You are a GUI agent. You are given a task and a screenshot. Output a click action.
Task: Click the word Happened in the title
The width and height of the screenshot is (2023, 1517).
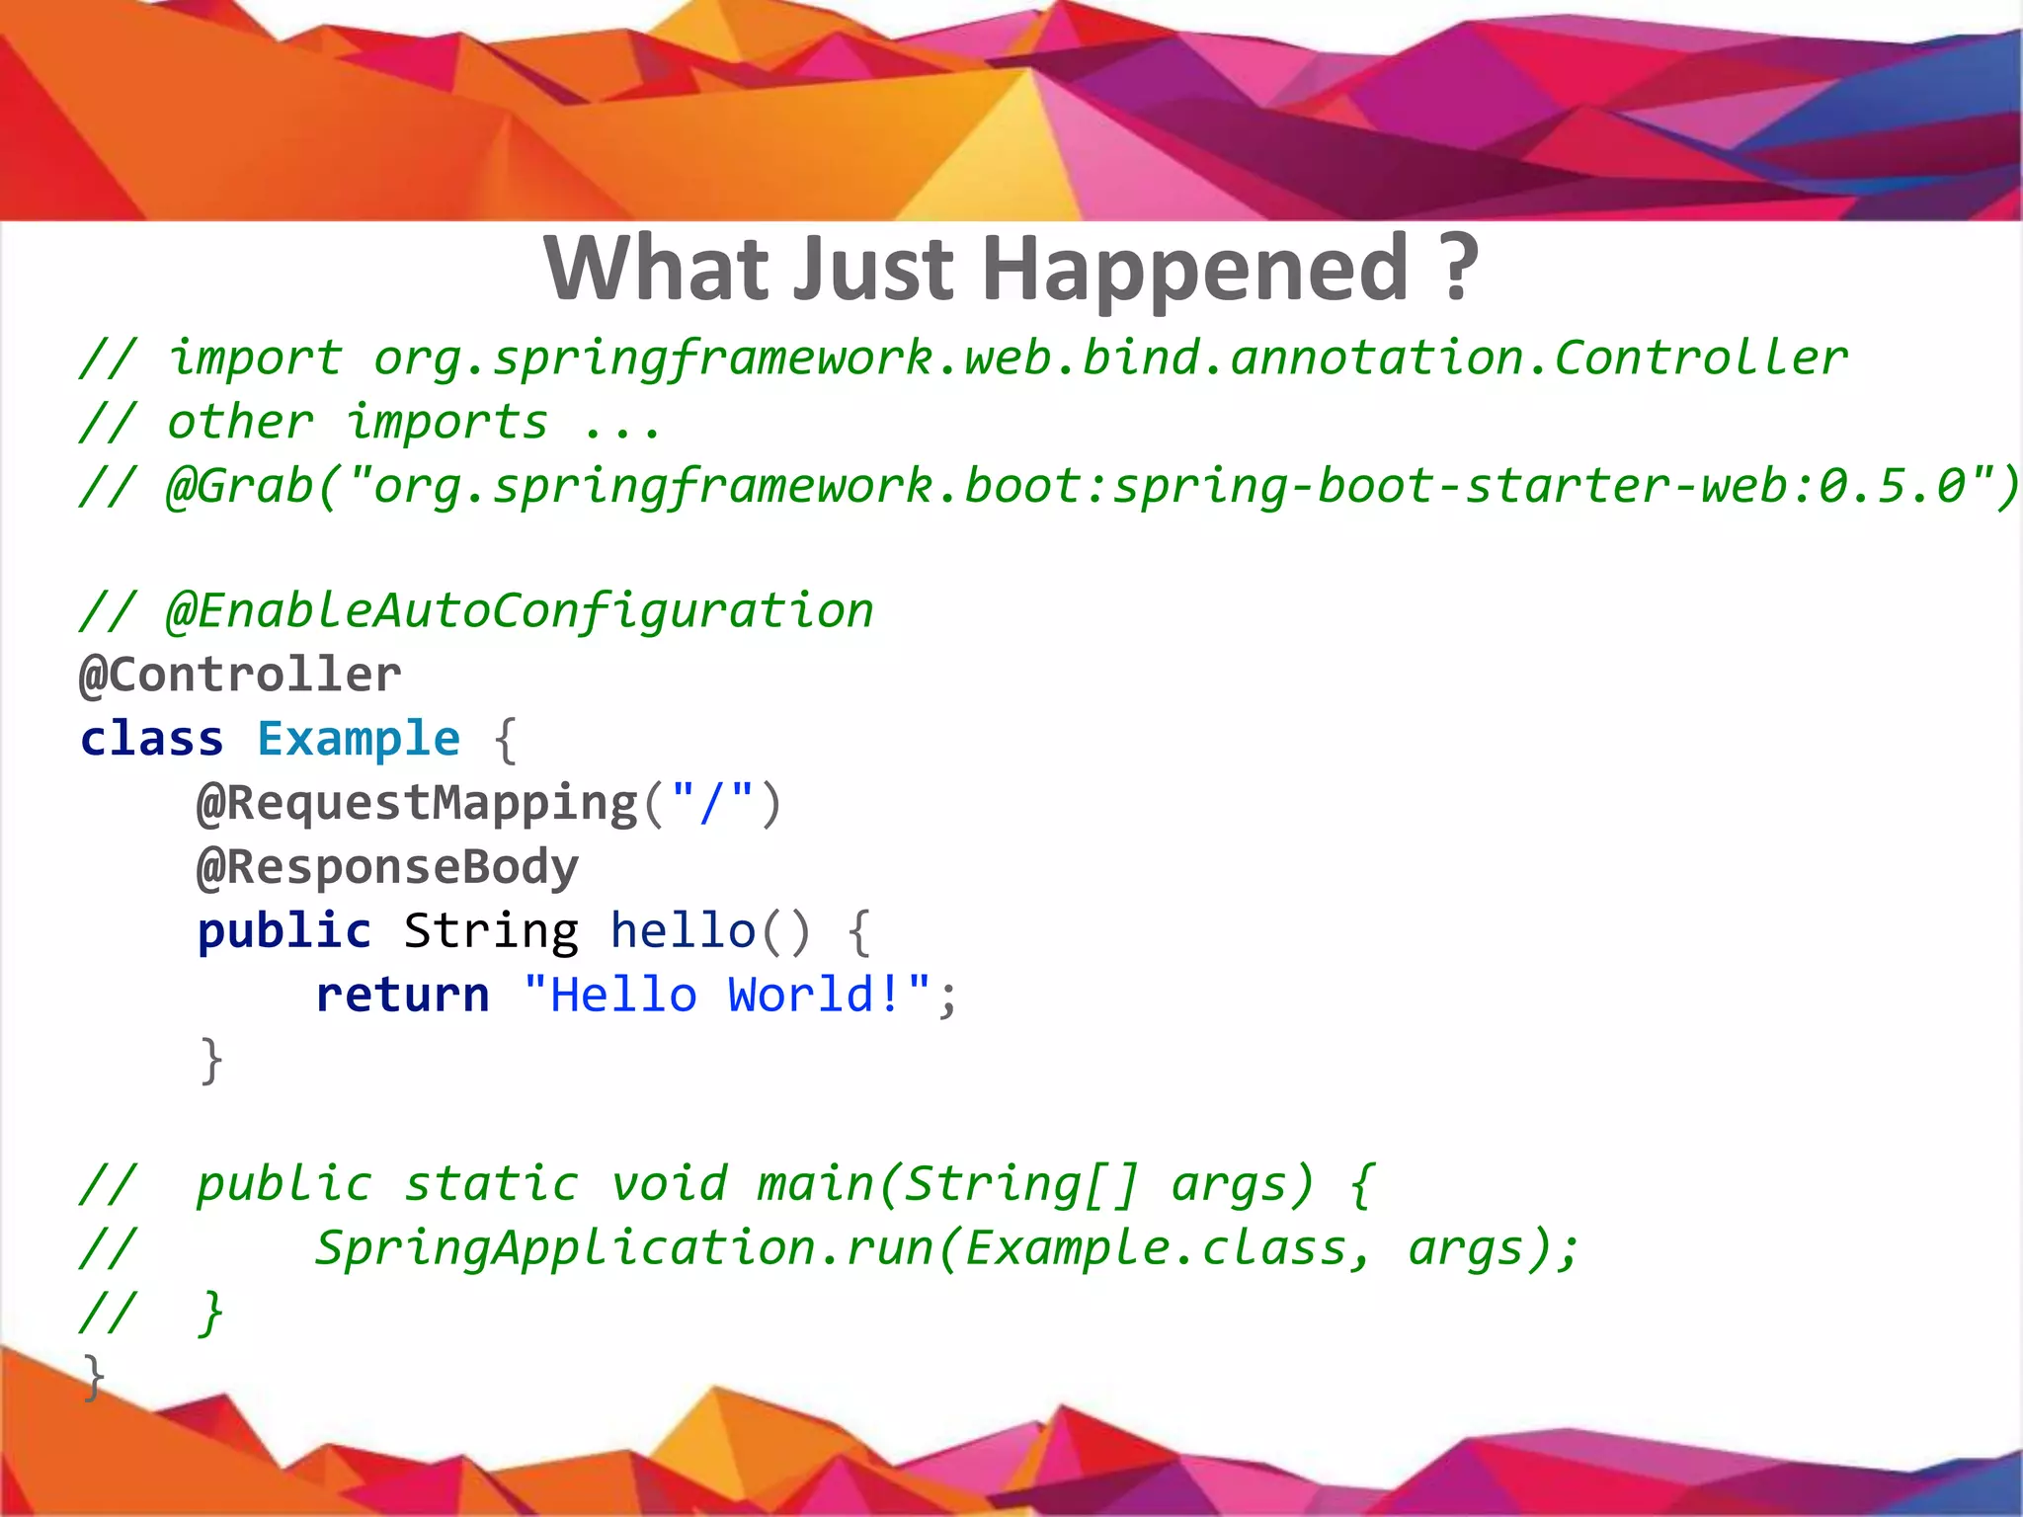click(x=1195, y=269)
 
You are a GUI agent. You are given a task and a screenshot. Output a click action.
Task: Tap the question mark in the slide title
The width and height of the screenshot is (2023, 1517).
click(x=1458, y=269)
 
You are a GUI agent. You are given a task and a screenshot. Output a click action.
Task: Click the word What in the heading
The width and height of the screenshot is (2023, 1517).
click(x=656, y=269)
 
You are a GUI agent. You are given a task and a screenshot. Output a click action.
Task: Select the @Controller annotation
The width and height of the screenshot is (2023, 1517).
click(x=240, y=676)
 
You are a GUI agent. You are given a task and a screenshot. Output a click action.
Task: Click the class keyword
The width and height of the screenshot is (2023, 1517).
click(x=151, y=739)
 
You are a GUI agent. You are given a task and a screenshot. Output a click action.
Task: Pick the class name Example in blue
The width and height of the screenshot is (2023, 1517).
click(x=359, y=739)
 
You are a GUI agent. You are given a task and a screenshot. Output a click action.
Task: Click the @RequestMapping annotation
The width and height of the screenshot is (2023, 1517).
click(x=417, y=803)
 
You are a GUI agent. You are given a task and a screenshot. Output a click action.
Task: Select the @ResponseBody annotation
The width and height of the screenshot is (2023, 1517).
click(x=387, y=867)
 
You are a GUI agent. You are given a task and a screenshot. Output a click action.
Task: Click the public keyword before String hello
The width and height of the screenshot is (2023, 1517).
click(x=283, y=931)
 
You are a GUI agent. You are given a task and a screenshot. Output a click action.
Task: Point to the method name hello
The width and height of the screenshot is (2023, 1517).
click(x=683, y=931)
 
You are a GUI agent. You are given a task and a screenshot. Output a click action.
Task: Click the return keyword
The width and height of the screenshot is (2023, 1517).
click(x=402, y=995)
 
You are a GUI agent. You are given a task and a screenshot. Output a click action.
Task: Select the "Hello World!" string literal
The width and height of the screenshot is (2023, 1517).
click(x=726, y=995)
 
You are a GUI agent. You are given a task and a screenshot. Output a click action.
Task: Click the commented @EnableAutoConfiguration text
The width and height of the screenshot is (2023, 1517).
click(x=520, y=611)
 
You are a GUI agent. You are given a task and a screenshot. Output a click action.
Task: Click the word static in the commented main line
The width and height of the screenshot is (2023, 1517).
click(x=491, y=1184)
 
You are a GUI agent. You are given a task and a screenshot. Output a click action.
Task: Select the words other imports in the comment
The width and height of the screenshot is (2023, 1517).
click(x=357, y=423)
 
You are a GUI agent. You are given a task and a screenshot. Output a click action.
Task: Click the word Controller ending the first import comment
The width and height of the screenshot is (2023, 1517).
click(x=1700, y=359)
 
